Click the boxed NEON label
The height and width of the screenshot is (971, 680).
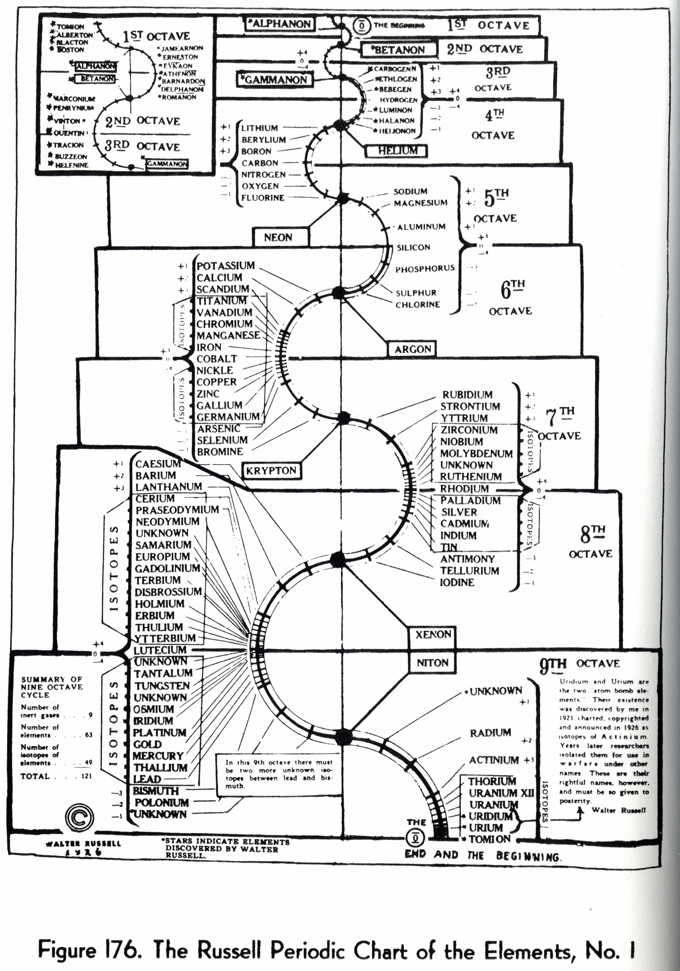(x=278, y=237)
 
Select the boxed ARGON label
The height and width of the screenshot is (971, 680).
(x=412, y=349)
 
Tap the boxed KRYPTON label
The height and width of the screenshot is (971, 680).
(x=271, y=471)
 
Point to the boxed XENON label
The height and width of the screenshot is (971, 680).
(x=433, y=634)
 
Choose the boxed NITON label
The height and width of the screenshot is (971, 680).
(x=432, y=663)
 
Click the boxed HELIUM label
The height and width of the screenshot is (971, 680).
(x=398, y=150)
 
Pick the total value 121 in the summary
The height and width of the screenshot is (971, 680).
(x=86, y=776)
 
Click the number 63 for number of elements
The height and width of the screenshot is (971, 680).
(x=88, y=735)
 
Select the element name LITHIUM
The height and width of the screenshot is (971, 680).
(x=259, y=128)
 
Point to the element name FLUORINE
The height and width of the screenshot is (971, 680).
(x=263, y=198)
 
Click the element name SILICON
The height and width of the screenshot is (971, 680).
(x=413, y=248)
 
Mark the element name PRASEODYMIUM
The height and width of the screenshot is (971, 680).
(x=177, y=510)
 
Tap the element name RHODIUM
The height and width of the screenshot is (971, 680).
(x=464, y=489)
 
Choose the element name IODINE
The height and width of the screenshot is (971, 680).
(x=457, y=582)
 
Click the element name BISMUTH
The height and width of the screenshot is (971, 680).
(x=155, y=791)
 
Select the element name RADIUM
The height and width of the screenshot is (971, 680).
(x=490, y=733)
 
